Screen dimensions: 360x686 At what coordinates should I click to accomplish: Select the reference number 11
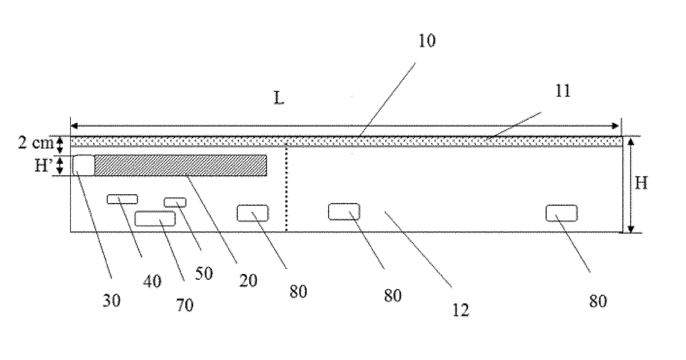tap(562, 91)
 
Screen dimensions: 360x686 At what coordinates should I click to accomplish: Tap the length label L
tap(279, 98)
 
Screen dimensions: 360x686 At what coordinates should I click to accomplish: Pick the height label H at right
tap(641, 183)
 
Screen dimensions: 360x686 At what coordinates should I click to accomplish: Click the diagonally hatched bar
tap(180, 165)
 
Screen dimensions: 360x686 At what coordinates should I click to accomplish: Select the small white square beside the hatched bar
tap(84, 165)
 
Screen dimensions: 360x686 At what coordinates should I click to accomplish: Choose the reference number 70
tap(185, 304)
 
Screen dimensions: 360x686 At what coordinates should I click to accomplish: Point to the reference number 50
tap(204, 273)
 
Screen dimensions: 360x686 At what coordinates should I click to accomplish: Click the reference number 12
tap(460, 310)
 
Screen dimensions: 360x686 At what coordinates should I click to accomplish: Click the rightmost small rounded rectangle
tap(562, 213)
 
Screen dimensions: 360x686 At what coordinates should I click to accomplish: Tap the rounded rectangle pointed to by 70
tap(155, 218)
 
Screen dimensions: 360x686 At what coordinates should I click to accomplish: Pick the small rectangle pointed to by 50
tap(175, 202)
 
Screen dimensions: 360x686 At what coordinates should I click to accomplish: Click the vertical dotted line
tap(287, 188)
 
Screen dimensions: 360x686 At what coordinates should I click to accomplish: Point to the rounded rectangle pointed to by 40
tap(122, 199)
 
